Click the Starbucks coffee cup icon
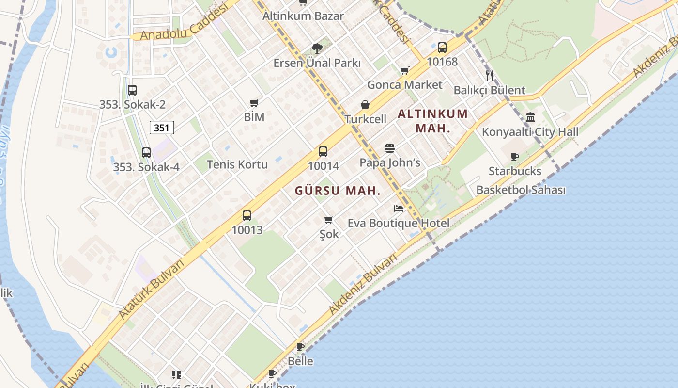point(514,157)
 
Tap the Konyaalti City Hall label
point(530,132)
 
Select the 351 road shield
point(162,128)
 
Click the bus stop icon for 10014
point(323,152)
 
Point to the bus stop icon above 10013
point(247,216)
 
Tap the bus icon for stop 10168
point(442,48)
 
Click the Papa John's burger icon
point(390,148)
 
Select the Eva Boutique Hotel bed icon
point(399,209)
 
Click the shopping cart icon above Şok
point(329,220)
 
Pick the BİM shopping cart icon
point(254,103)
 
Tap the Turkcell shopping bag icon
point(365,105)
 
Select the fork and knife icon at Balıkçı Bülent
point(490,75)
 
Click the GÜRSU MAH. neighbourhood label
point(338,191)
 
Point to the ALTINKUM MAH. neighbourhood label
point(433,121)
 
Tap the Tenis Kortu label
point(237,164)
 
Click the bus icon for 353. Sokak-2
point(132,90)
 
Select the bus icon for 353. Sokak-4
point(146,153)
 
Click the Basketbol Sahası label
point(521,190)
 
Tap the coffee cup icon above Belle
point(300,347)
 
